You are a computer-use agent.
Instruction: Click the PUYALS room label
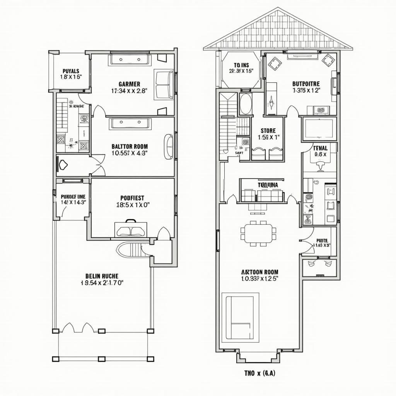tap(71, 71)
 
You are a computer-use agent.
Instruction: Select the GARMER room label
tap(130, 84)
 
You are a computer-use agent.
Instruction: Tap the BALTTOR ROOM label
tap(130, 146)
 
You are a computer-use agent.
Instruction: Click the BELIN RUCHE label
tap(102, 276)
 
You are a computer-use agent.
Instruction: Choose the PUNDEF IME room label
tap(73, 196)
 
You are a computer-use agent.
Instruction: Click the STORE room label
tap(268, 131)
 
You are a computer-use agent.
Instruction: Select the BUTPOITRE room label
tap(306, 84)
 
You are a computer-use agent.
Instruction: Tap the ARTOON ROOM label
tap(259, 272)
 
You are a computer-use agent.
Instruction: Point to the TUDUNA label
tap(268, 185)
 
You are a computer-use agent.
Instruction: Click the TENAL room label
tap(320, 148)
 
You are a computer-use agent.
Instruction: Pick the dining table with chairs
tap(258, 233)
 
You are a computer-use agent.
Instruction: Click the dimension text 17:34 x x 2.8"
tap(130, 91)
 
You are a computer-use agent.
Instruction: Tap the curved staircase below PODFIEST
tap(134, 249)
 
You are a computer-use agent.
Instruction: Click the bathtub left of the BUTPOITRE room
tap(245, 104)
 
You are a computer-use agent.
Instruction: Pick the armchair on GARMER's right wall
tap(164, 84)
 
